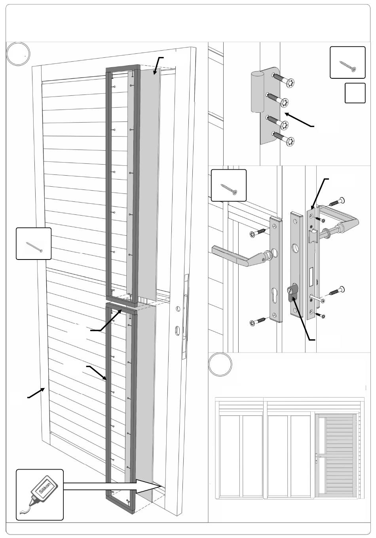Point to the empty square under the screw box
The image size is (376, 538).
(355, 93)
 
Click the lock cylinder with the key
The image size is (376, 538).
(292, 295)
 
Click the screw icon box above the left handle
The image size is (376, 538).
(228, 185)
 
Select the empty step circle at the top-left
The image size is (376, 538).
(19, 54)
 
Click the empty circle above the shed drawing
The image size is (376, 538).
(220, 364)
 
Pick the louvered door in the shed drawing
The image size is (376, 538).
(336, 455)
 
